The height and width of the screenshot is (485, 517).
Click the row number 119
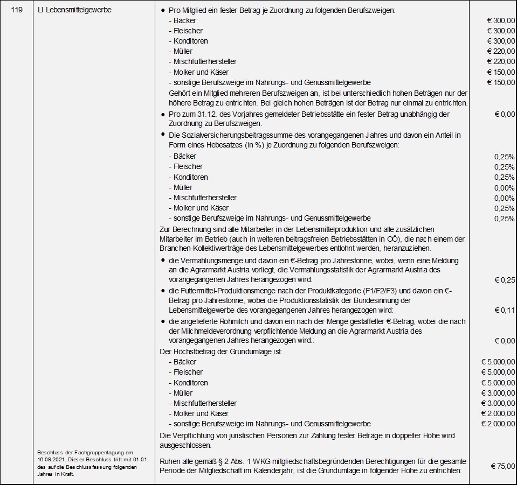[x=16, y=10]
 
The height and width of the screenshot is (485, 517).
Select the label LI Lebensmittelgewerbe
[x=74, y=10]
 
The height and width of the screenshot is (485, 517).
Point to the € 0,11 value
[x=505, y=310]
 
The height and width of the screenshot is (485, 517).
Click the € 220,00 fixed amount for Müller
[x=501, y=51]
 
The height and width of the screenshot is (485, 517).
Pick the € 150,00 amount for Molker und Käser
[x=501, y=72]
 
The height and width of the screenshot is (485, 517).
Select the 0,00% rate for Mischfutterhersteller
[x=504, y=198]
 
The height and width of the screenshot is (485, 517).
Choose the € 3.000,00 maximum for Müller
[x=498, y=393]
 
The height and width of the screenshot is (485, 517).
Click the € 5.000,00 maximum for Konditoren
[x=498, y=383]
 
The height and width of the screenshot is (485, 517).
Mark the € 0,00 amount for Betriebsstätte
[x=505, y=114]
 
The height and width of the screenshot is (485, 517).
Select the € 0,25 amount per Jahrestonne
[x=505, y=280]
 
